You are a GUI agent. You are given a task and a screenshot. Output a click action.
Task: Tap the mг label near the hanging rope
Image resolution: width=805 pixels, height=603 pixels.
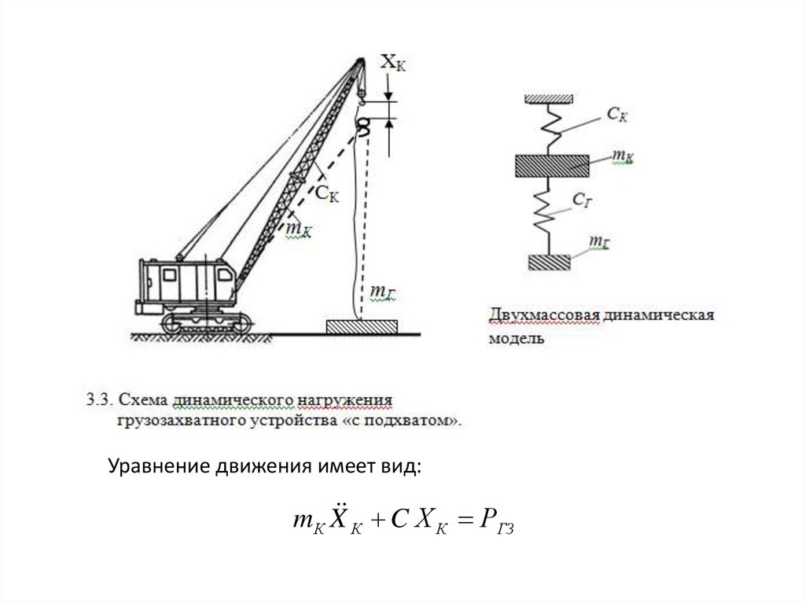coord(382,293)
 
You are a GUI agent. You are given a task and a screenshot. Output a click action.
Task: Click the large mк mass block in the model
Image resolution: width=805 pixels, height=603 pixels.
coord(551,165)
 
